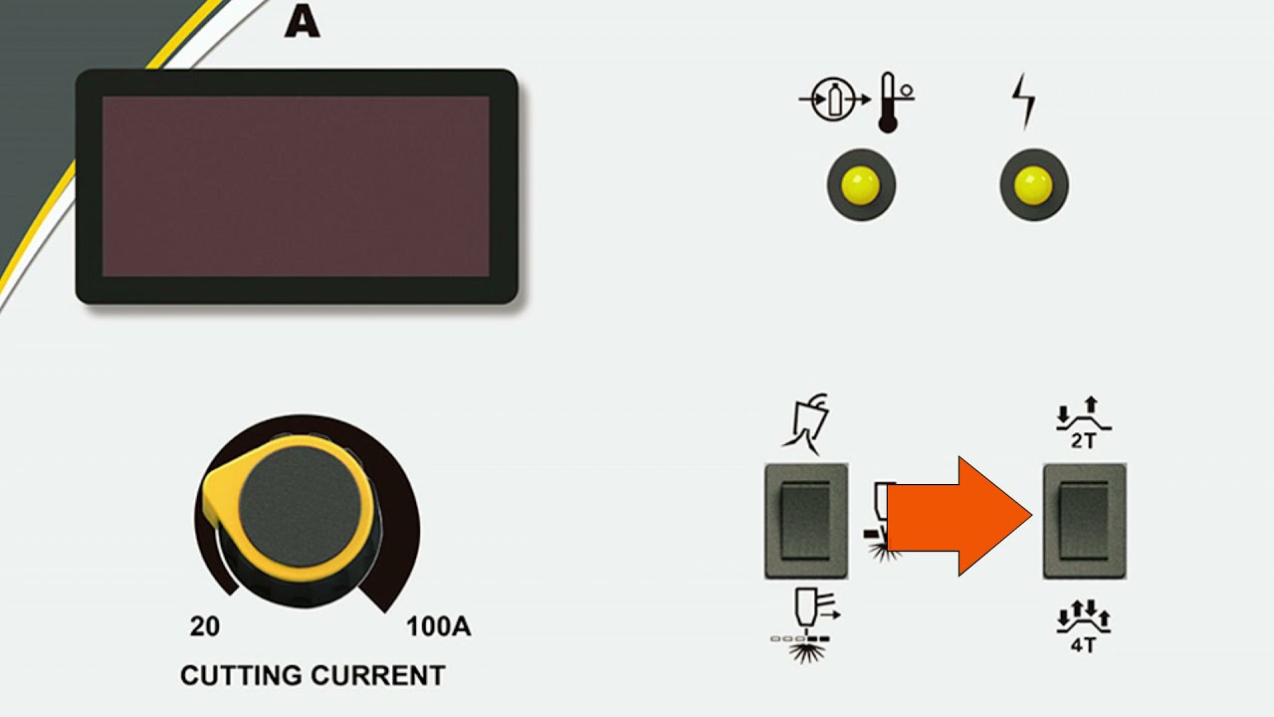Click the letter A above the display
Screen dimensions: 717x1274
pos(302,22)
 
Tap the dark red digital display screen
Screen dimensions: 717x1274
pos(296,186)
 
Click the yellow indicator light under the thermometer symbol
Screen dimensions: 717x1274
pos(861,185)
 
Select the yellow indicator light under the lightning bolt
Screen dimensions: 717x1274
pos(1034,185)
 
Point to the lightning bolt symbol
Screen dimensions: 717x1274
pos(1024,101)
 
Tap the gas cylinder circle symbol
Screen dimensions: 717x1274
pos(833,101)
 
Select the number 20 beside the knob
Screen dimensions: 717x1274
pos(204,627)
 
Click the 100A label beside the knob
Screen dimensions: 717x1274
pos(438,627)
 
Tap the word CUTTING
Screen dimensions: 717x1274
pos(244,675)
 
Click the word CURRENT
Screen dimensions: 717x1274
pos(382,675)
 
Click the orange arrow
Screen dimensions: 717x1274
pos(955,516)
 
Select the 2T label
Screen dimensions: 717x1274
pos(1084,441)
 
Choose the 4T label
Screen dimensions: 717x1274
pos(1084,644)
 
